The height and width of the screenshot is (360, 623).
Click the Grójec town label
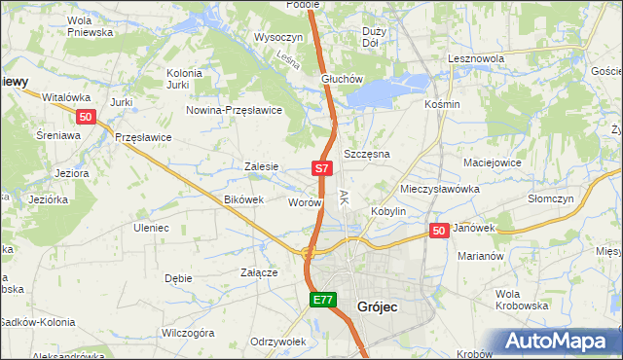(x=384, y=306)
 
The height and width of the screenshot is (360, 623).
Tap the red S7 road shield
(x=323, y=169)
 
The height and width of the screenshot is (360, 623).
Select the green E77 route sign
(x=323, y=301)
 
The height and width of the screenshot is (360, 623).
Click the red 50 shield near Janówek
(x=439, y=231)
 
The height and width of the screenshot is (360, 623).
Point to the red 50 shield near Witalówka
(x=86, y=119)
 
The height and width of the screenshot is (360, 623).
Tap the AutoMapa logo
(x=560, y=342)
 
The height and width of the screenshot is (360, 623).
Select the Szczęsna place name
(x=367, y=155)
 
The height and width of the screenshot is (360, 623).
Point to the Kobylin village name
(x=387, y=211)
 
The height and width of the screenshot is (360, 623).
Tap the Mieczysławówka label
(x=436, y=188)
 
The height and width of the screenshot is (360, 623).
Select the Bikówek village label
(x=244, y=199)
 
